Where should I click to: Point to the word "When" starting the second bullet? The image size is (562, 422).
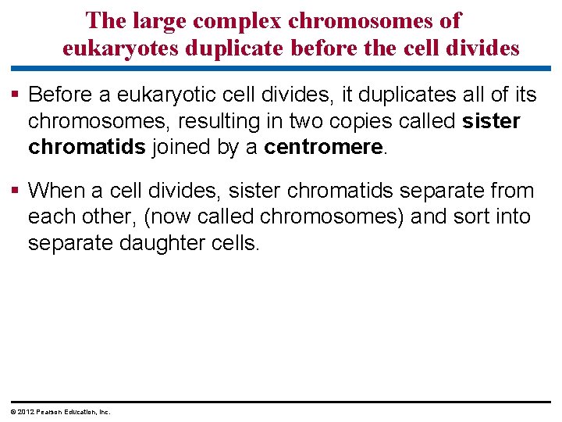coord(59,191)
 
